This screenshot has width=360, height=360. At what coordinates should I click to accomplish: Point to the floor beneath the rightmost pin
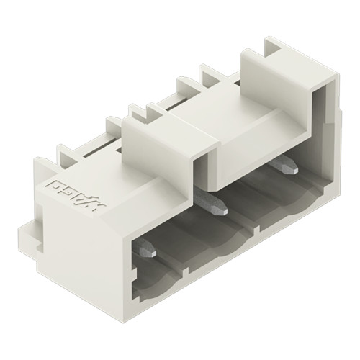295,194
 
